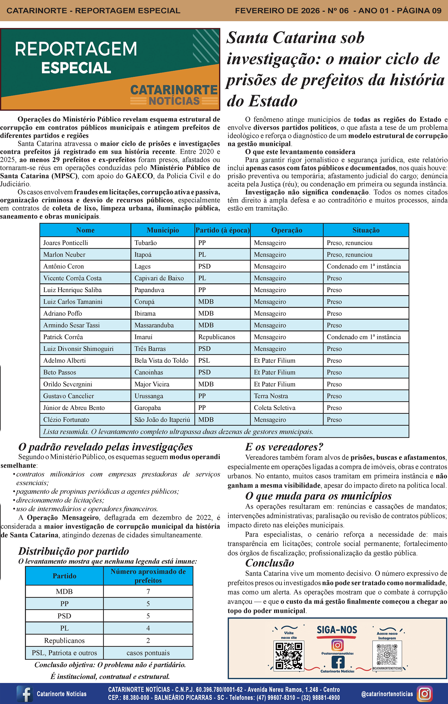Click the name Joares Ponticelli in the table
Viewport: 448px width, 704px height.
pos(65,243)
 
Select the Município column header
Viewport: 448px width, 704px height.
pos(163,230)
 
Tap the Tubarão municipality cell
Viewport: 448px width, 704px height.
pos(145,243)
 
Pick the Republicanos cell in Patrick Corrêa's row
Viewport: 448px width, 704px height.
pos(217,337)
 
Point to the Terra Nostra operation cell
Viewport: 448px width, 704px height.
pos(271,396)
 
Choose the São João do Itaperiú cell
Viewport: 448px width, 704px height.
pos(162,419)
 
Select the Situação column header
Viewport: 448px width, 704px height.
pos(366,230)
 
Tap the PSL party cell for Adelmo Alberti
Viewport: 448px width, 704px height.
pos(204,360)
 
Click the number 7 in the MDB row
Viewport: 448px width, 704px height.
pos(148,591)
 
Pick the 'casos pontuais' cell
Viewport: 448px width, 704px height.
pos(148,653)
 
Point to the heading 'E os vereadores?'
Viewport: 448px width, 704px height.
pos(284,447)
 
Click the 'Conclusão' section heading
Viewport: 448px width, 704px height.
pos(269,563)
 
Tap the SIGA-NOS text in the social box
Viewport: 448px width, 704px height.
pos(337,630)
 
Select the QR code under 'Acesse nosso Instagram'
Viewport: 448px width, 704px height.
pos(387,655)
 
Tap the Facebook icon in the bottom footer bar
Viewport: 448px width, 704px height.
pos(25,693)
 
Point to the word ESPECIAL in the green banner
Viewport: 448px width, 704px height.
pos(76,68)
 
